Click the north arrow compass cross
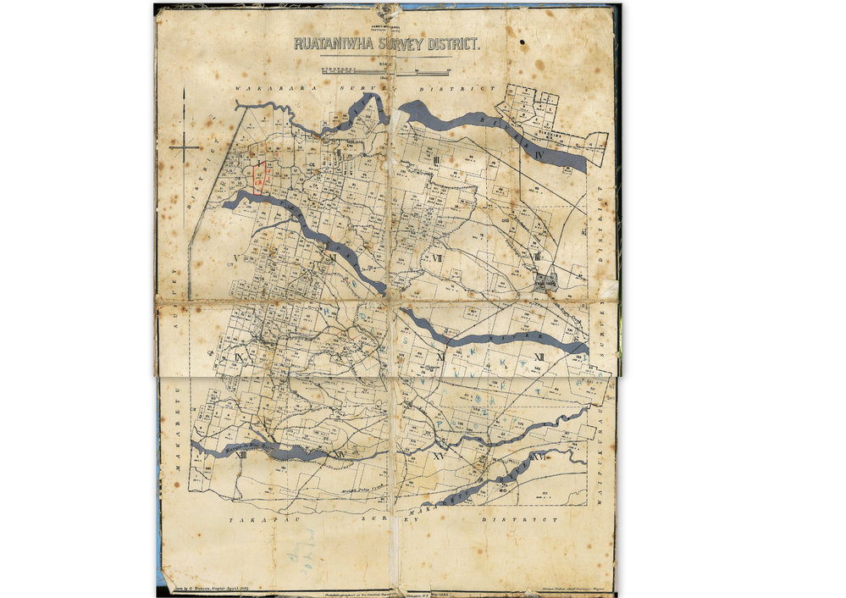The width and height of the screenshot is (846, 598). tap(184, 147)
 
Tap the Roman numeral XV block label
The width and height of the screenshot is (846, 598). tap(438, 456)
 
